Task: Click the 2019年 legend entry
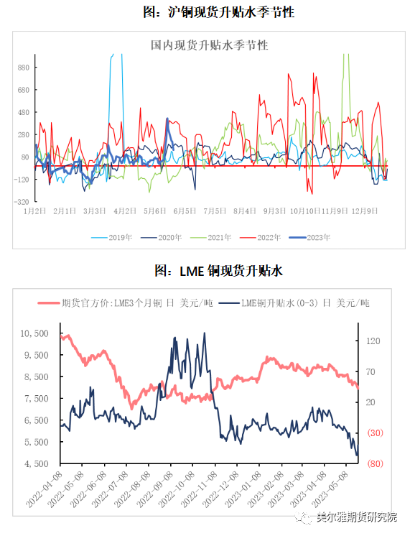[112, 237]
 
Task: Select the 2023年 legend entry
[310, 237]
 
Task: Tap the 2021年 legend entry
[211, 237]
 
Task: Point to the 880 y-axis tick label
[24, 68]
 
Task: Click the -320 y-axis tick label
[22, 202]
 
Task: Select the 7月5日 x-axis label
[215, 211]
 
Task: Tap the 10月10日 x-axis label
[304, 211]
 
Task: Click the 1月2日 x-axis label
[34, 211]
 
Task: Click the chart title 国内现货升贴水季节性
[210, 45]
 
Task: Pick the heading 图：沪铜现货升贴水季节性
[219, 12]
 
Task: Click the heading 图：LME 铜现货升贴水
[219, 271]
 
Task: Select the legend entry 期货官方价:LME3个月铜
[125, 303]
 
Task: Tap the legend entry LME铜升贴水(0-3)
[294, 303]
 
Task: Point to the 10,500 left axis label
[34, 333]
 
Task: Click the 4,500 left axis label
[37, 463]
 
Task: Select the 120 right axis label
[373, 341]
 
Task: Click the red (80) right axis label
[375, 463]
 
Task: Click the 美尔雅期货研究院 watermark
[356, 517]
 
